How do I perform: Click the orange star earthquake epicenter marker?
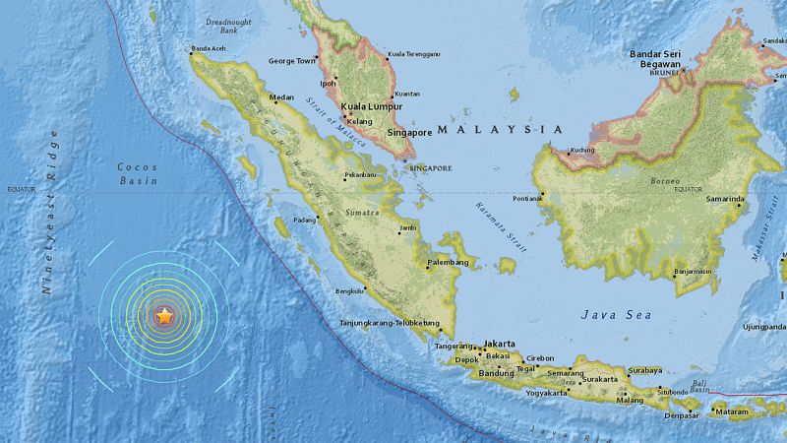pos(164,316)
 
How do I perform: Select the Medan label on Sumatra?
pos(281,97)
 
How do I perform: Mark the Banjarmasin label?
pos(706,271)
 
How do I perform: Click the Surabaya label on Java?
pos(644,370)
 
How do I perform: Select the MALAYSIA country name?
pos(500,129)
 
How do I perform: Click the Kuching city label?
pos(584,150)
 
